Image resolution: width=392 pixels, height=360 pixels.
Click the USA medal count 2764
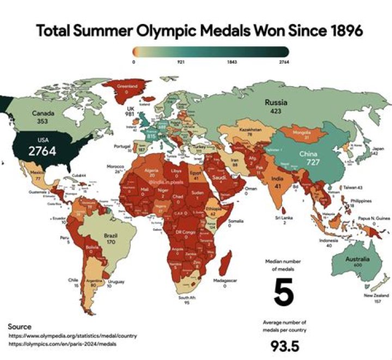click(42, 151)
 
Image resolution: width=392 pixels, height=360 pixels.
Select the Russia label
click(277, 102)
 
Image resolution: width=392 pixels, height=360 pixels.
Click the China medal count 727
click(308, 163)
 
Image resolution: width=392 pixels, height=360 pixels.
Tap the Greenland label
click(126, 86)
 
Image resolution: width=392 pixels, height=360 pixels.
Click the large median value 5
click(283, 292)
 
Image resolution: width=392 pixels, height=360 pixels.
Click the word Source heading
click(20, 326)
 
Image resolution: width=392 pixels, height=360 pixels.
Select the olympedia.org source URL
click(72, 336)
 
